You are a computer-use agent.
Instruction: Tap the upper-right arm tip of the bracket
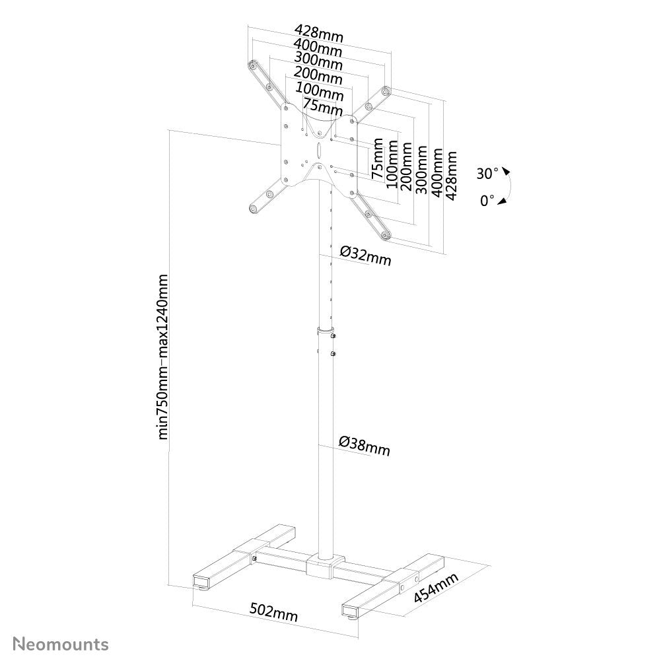tap(386, 90)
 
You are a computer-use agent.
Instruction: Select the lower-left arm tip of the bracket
tap(252, 209)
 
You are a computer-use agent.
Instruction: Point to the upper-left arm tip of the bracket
tap(252, 66)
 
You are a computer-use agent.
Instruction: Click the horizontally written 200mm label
tap(319, 76)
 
